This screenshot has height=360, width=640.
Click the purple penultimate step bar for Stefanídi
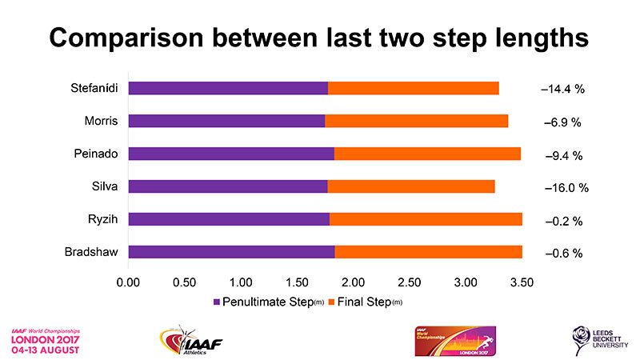coord(228,88)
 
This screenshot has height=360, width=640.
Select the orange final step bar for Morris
coord(416,121)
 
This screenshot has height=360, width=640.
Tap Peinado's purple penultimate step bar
coord(231,154)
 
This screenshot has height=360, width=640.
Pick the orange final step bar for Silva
coord(411,186)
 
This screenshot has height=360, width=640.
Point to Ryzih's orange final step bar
coord(426,219)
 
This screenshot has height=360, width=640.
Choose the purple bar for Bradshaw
coord(231,252)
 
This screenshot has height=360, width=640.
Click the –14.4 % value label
coord(563,89)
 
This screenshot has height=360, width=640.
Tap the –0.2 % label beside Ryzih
coord(563,220)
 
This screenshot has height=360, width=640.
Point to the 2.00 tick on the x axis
coord(353,282)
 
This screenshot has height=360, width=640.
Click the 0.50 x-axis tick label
coord(184,282)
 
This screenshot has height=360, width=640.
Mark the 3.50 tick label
coord(522,282)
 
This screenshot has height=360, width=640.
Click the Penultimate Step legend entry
coord(268,302)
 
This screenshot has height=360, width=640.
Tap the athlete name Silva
coord(106,186)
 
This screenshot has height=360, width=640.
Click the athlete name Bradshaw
coord(92,252)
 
